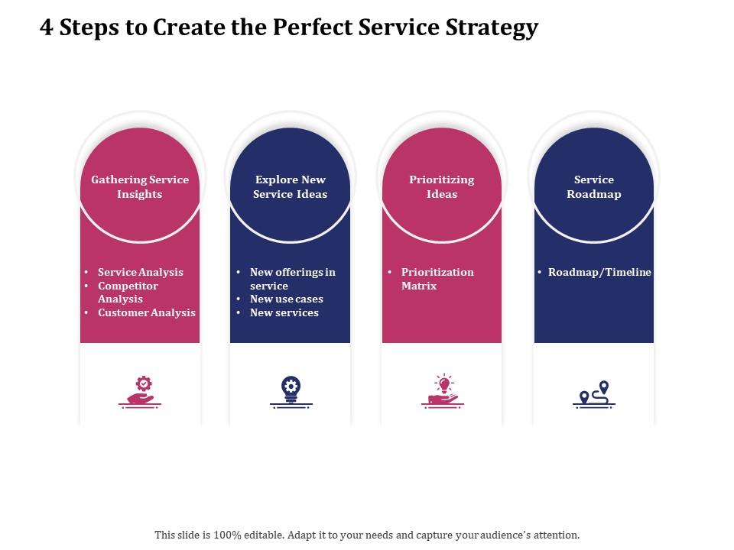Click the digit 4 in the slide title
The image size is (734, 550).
(x=47, y=27)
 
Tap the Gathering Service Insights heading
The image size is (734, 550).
(x=140, y=187)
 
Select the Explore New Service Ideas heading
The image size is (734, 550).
(x=290, y=187)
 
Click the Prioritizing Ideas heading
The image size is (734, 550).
(x=441, y=187)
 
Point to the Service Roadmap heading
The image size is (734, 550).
(x=593, y=187)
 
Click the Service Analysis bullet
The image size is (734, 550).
(x=140, y=272)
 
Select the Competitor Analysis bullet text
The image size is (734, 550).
(x=128, y=293)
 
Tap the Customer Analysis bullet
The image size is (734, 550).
(x=146, y=312)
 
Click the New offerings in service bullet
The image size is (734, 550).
(x=292, y=279)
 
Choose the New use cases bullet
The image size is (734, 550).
(x=286, y=299)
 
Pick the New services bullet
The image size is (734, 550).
(x=284, y=312)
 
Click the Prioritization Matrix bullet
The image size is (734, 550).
(x=437, y=279)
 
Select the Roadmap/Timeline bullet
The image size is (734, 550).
(x=599, y=272)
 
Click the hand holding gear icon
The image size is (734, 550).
(x=140, y=391)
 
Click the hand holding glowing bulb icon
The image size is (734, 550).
(x=442, y=391)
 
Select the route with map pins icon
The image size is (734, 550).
(x=594, y=393)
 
